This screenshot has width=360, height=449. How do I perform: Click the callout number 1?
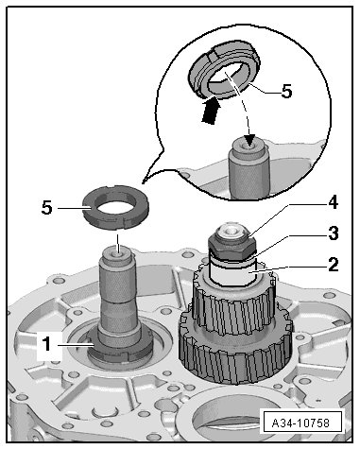coord(46,344)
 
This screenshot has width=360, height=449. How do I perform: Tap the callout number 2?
coord(333,265)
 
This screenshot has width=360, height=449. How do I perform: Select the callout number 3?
coord(333,233)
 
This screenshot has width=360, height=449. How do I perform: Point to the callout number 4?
coord(333,202)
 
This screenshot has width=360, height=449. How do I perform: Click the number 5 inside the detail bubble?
coord(286,92)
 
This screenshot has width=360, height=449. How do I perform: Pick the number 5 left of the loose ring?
coord(46,208)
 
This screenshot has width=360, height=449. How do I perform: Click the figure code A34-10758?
coord(300,423)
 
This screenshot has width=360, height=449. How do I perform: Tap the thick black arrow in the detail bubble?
coord(211,111)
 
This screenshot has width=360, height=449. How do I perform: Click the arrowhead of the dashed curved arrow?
coord(249,141)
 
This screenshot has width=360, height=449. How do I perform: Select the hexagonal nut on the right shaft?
coord(232,245)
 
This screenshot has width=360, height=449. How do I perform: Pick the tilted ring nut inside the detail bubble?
coord(224,70)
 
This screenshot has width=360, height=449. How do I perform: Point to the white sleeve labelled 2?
coord(233,273)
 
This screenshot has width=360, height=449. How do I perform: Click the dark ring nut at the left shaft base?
coord(120,348)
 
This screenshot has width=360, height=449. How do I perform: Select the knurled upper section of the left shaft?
coord(118,281)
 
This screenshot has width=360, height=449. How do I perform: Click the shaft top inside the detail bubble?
coord(249,148)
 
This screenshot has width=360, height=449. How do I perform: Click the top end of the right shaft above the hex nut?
coord(231,230)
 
